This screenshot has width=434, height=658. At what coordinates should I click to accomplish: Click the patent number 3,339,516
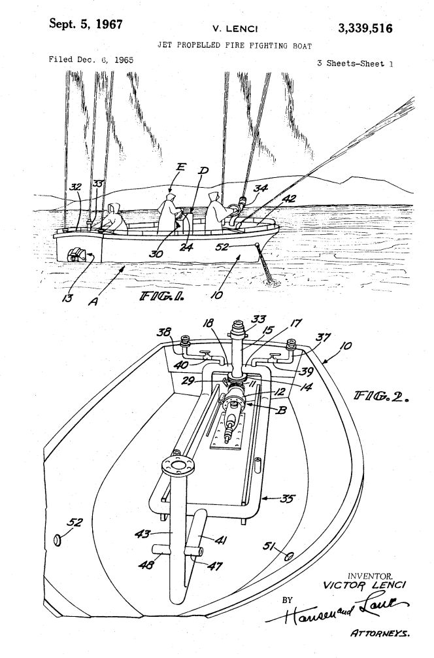click(365, 28)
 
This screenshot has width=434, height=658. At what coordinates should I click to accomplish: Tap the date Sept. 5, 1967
click(86, 24)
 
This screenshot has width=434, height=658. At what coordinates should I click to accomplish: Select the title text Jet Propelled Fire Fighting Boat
click(235, 45)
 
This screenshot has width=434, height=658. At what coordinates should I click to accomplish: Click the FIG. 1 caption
click(161, 296)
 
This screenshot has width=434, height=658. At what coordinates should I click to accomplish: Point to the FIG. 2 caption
click(381, 396)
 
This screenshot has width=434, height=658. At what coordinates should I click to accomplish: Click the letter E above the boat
click(180, 167)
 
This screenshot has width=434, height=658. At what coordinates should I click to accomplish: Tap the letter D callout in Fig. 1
click(203, 170)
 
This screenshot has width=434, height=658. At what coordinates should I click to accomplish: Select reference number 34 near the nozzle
click(260, 188)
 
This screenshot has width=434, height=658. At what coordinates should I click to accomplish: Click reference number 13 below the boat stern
click(67, 298)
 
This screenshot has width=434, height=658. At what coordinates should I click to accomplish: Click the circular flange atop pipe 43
click(178, 466)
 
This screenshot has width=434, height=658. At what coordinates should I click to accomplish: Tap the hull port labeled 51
click(289, 557)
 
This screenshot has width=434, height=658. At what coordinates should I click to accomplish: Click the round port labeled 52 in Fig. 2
click(58, 540)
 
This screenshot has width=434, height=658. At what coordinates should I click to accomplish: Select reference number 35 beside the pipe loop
click(287, 498)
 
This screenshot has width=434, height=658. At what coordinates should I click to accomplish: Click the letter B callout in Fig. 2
click(282, 409)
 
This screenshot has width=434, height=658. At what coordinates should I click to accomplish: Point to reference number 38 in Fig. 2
click(164, 332)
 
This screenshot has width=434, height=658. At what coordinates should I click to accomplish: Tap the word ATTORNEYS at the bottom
click(380, 634)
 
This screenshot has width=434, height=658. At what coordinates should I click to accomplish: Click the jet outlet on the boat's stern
click(78, 254)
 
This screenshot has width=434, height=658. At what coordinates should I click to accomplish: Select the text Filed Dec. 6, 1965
click(91, 60)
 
